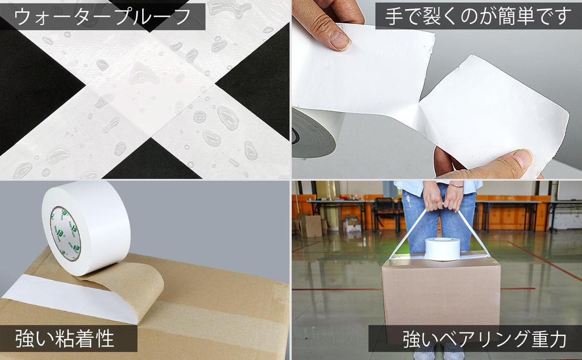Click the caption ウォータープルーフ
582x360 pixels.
point(102,16)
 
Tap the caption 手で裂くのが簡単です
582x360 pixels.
point(477,16)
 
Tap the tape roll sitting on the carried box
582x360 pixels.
point(442,249)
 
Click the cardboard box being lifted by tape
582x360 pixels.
point(440,296)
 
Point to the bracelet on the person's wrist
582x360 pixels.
point(456,184)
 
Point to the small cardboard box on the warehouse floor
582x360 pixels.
point(310,226)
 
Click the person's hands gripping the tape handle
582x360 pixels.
point(443,196)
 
